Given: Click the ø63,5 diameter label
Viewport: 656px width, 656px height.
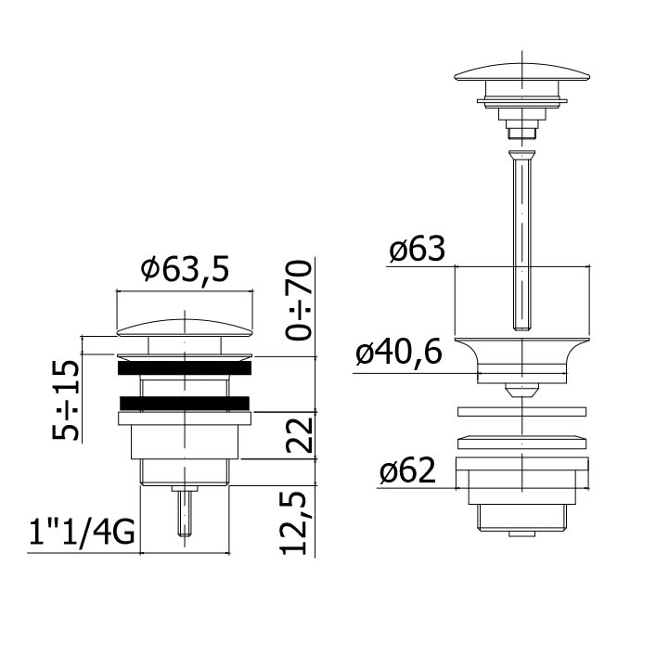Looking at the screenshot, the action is point(185,270).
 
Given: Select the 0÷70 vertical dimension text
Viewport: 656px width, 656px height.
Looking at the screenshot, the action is point(299,300).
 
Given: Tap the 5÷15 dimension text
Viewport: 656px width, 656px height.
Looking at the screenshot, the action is point(65,400).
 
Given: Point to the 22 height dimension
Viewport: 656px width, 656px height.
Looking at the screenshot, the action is point(300,435).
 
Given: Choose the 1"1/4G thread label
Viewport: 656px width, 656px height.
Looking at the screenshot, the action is point(82,532).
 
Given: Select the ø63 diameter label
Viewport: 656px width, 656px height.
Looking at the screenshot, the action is point(418,249).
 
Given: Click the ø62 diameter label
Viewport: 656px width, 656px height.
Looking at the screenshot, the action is point(407,470).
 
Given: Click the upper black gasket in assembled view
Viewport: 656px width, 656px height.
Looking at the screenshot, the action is point(185,367).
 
